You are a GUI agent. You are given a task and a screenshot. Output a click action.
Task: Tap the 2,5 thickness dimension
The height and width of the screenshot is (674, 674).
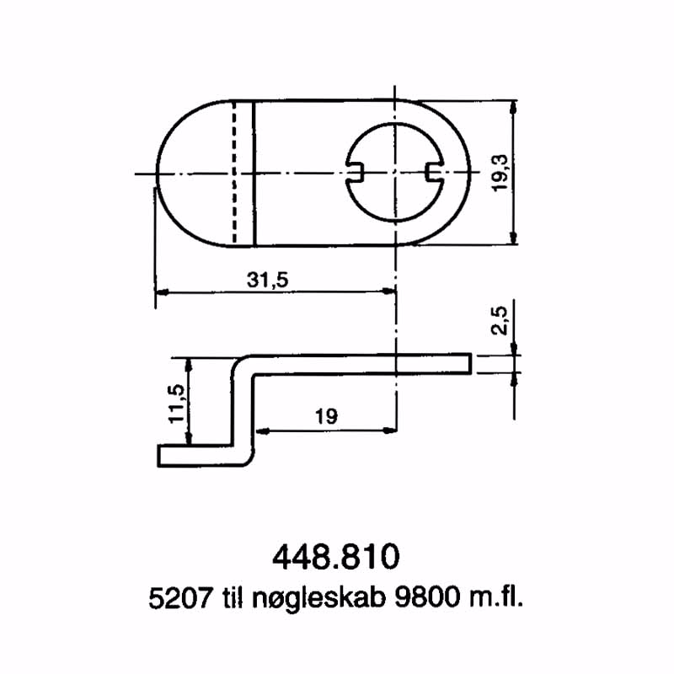click(500, 321)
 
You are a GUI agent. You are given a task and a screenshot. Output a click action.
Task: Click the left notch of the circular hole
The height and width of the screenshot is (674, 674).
click(356, 173)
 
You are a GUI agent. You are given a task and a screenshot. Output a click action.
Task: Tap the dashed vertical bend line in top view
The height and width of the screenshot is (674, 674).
click(234, 174)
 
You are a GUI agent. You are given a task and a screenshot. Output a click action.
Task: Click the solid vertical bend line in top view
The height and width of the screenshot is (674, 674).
click(254, 174)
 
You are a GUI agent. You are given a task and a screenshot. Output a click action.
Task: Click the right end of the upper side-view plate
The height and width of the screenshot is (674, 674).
click(468, 363)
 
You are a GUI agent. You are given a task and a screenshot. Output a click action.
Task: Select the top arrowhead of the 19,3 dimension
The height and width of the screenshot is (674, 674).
click(513, 106)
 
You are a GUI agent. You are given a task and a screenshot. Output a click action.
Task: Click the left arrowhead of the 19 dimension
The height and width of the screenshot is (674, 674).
click(259, 430)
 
